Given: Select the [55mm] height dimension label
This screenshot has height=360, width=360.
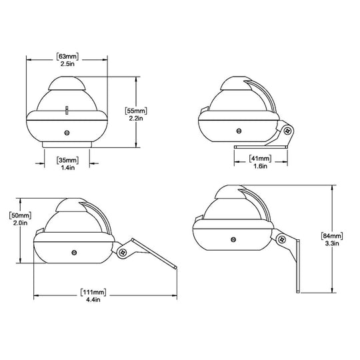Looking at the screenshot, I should (x=137, y=109).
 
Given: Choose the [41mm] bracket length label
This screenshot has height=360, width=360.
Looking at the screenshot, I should (x=261, y=159).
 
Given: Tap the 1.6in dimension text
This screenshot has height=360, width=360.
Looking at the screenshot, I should (x=261, y=167).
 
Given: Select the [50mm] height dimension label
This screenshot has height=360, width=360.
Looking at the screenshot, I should (x=21, y=215).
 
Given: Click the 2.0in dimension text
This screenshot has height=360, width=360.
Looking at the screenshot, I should (x=21, y=223).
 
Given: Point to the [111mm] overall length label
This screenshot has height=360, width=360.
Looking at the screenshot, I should (x=94, y=293).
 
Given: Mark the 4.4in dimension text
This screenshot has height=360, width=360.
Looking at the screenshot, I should (x=94, y=301).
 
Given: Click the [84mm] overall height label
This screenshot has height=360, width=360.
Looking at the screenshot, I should (x=331, y=236).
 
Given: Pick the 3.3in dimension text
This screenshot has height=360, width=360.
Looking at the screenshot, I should (x=331, y=244).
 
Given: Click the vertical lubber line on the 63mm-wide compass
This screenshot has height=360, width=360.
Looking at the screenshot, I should (x=67, y=109).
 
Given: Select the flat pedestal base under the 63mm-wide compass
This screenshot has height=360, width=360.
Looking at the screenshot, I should (x=67, y=143).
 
